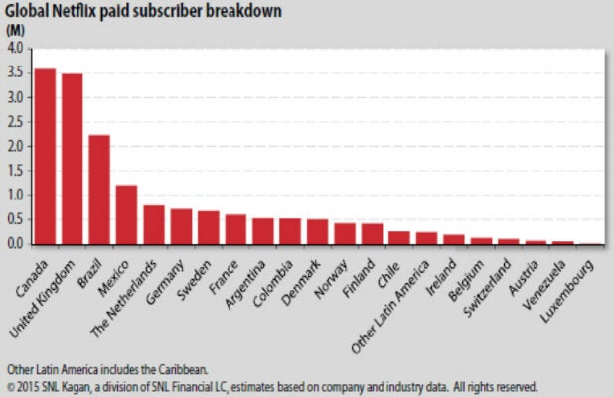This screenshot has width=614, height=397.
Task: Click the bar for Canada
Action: pyautogui.click(x=45, y=157)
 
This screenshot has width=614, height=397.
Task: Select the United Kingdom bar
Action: pyautogui.click(x=72, y=159)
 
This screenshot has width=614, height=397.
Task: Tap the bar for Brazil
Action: pyautogui.click(x=99, y=190)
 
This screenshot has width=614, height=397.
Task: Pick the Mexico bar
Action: pyautogui.click(x=126, y=214)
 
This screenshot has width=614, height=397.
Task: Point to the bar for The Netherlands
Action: pyautogui.click(x=154, y=225)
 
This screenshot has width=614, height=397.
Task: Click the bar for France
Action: pyautogui.click(x=235, y=229)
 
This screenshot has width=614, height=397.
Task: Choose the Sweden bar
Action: pyautogui.click(x=209, y=227)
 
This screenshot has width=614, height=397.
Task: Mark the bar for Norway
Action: pyautogui.click(x=345, y=233)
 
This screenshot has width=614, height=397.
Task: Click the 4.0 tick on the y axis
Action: pyautogui.click(x=17, y=48)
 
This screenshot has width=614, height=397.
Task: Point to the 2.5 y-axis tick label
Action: pyautogui.click(x=17, y=121)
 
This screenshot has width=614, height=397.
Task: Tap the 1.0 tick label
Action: pyautogui.click(x=17, y=195)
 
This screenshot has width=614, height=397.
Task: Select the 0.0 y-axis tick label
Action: pyautogui.click(x=17, y=244)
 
